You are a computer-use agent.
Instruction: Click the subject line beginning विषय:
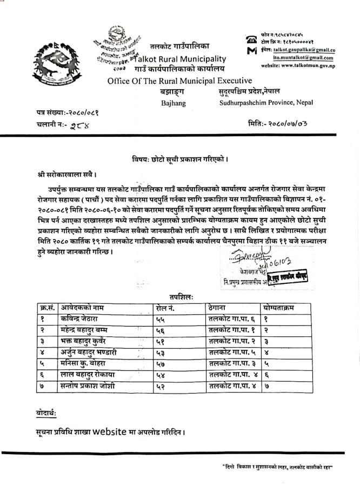[x=180, y=159]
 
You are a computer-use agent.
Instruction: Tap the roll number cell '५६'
[x=161, y=330]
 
